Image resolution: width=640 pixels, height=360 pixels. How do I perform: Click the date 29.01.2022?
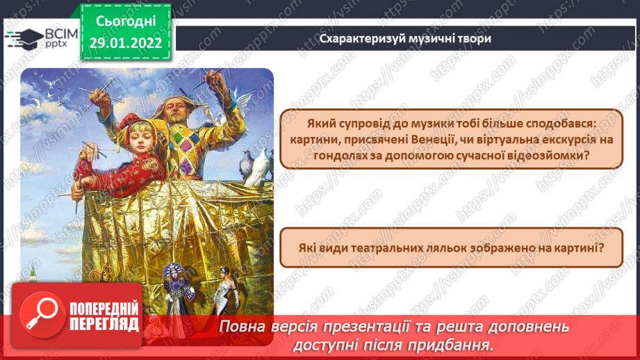coord(125,43)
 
